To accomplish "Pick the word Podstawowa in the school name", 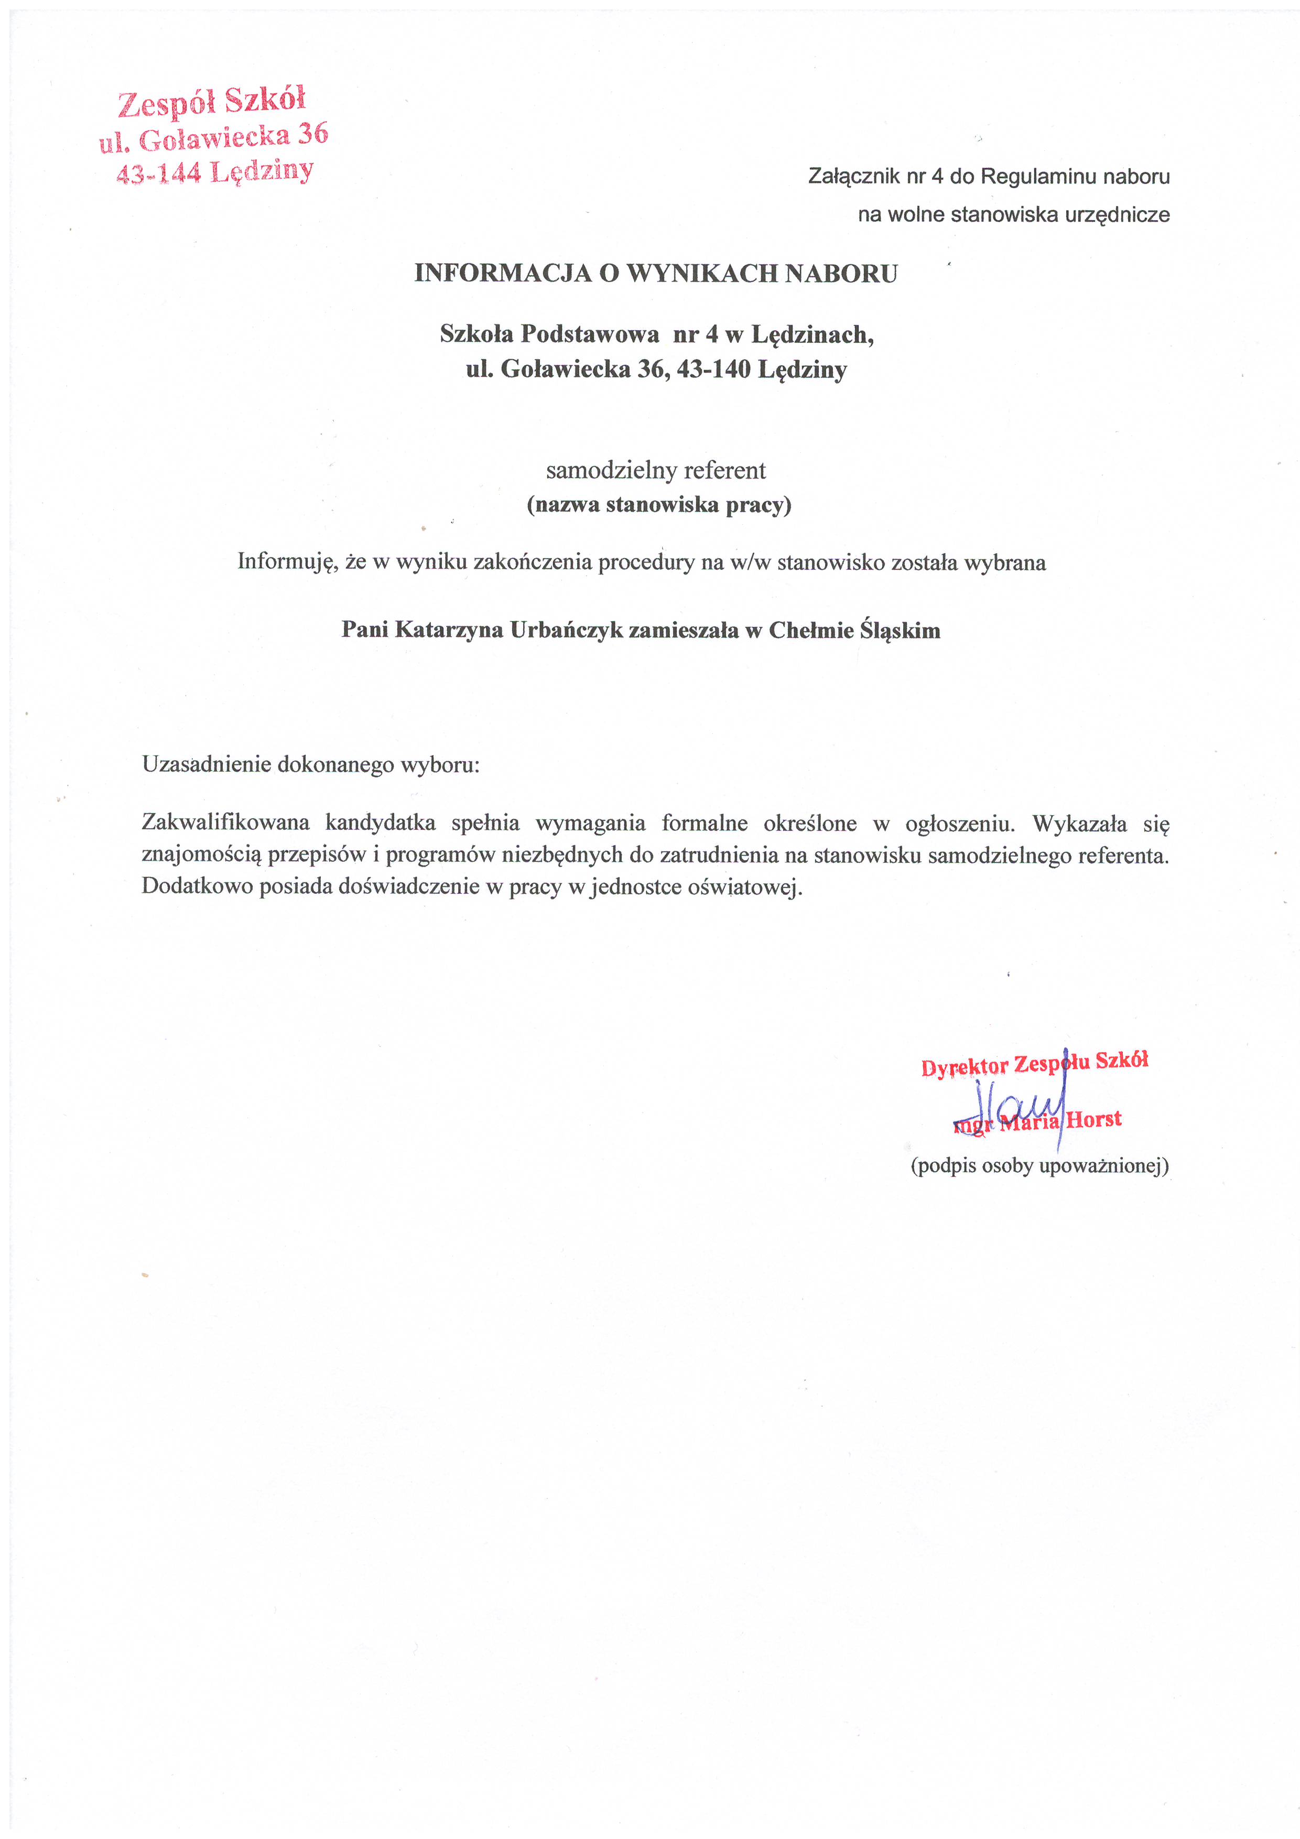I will (590, 334).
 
